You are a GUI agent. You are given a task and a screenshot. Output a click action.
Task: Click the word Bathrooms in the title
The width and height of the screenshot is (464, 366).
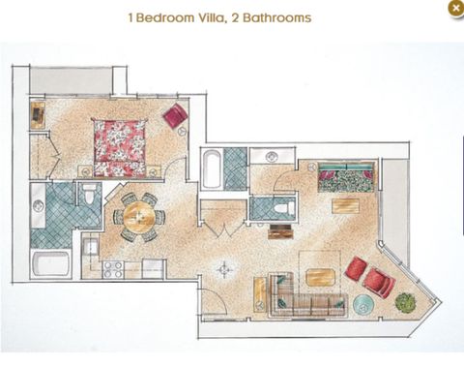pos(277,16)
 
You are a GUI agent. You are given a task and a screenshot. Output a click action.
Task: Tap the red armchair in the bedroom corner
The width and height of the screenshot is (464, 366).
pos(175,116)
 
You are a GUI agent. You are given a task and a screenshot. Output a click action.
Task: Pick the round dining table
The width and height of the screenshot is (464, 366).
pos(138,217)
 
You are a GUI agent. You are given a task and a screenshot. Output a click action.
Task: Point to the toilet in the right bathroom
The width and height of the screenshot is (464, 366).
pos(279,207)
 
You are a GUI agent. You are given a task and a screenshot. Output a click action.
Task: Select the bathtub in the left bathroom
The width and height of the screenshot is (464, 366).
pos(50,262)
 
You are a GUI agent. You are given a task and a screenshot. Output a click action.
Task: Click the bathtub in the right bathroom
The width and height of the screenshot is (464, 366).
pos(212,168)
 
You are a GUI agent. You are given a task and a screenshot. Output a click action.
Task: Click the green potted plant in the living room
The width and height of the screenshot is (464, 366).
pos(406,301)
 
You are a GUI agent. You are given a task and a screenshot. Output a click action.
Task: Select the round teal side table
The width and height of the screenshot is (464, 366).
pos(364,305)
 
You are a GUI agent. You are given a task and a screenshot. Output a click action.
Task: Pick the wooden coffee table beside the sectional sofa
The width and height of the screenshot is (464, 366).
pos(320,277)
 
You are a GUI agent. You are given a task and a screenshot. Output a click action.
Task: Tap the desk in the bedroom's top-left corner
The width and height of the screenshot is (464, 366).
pos(38,114)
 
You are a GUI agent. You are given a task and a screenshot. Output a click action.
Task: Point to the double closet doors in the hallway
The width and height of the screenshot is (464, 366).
pos(223,225)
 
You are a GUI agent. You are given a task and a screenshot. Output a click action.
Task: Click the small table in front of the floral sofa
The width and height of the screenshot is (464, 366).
pos(345,205)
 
